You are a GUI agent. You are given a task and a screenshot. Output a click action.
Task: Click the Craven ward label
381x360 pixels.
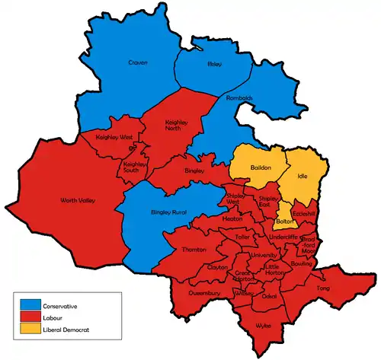137,62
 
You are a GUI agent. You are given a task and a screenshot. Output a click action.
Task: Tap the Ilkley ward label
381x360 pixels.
214,65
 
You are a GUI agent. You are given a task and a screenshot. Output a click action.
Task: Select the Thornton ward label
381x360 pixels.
194,250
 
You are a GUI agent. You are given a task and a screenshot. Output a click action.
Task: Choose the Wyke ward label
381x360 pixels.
264,325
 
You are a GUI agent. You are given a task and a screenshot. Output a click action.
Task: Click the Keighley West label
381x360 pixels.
114,137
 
